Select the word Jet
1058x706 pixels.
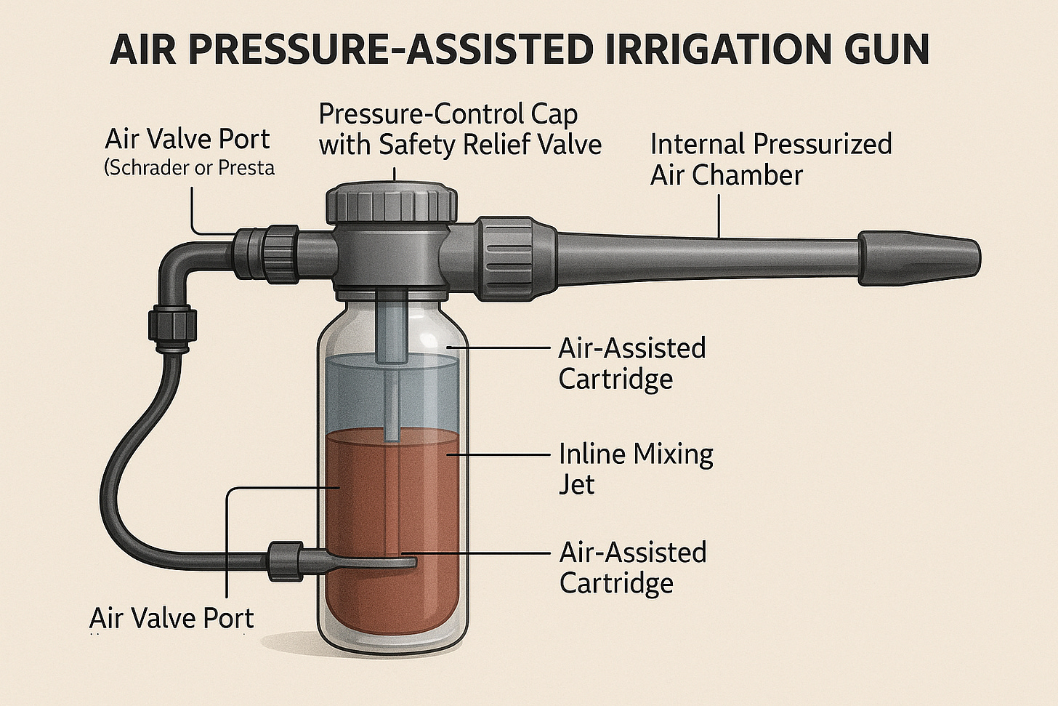[x=576, y=484]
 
